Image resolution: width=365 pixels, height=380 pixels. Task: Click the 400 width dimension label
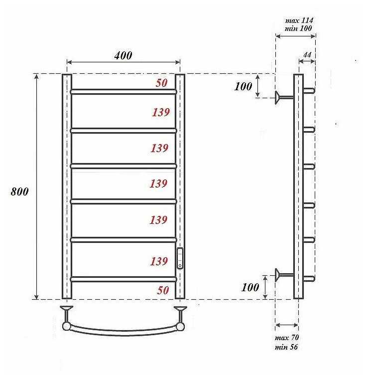tap(123, 55)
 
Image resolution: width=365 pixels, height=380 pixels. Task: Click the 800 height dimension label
tap(19, 191)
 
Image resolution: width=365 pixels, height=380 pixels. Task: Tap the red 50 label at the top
tap(161, 83)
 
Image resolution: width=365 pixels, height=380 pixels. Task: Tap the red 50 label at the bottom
tap(163, 290)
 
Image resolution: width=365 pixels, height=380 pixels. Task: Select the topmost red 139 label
tap(161, 112)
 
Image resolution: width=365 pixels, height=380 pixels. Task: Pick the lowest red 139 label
tap(159, 261)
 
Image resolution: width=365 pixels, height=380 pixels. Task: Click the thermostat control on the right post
tap(180, 258)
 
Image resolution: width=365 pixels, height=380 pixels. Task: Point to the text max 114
tap(299, 20)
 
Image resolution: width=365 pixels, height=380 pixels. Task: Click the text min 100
tap(298, 28)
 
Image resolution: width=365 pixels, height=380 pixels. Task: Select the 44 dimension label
tap(307, 55)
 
